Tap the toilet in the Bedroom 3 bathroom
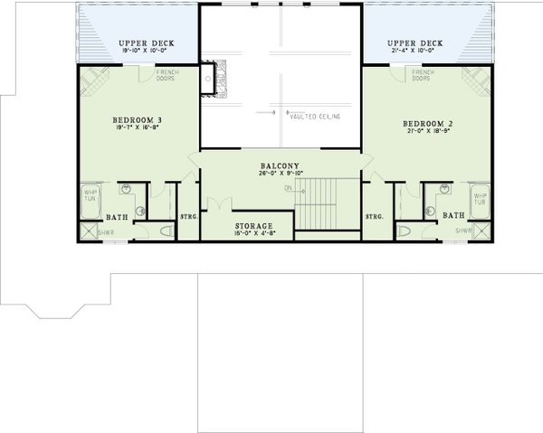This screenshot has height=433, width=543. coord(164,232)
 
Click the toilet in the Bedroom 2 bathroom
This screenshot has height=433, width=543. coord(403,232)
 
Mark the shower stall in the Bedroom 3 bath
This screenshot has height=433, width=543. coord(89,231)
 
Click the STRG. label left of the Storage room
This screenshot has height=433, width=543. coord(188,217)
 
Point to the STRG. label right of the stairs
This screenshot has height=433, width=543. coord(375,217)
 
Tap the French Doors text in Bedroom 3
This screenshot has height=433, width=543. coord(167,76)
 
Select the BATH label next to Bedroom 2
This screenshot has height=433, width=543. coord(452,215)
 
